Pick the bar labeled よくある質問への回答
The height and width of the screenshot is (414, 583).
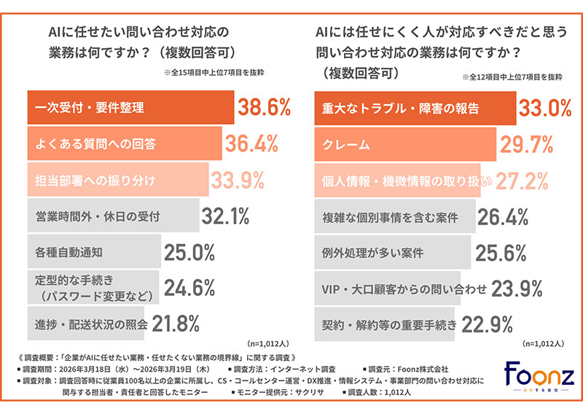[x=124, y=144]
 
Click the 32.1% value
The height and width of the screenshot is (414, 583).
[x=227, y=216]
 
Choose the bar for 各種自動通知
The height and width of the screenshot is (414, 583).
[x=94, y=252]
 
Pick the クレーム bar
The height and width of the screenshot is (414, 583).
[x=404, y=144]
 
